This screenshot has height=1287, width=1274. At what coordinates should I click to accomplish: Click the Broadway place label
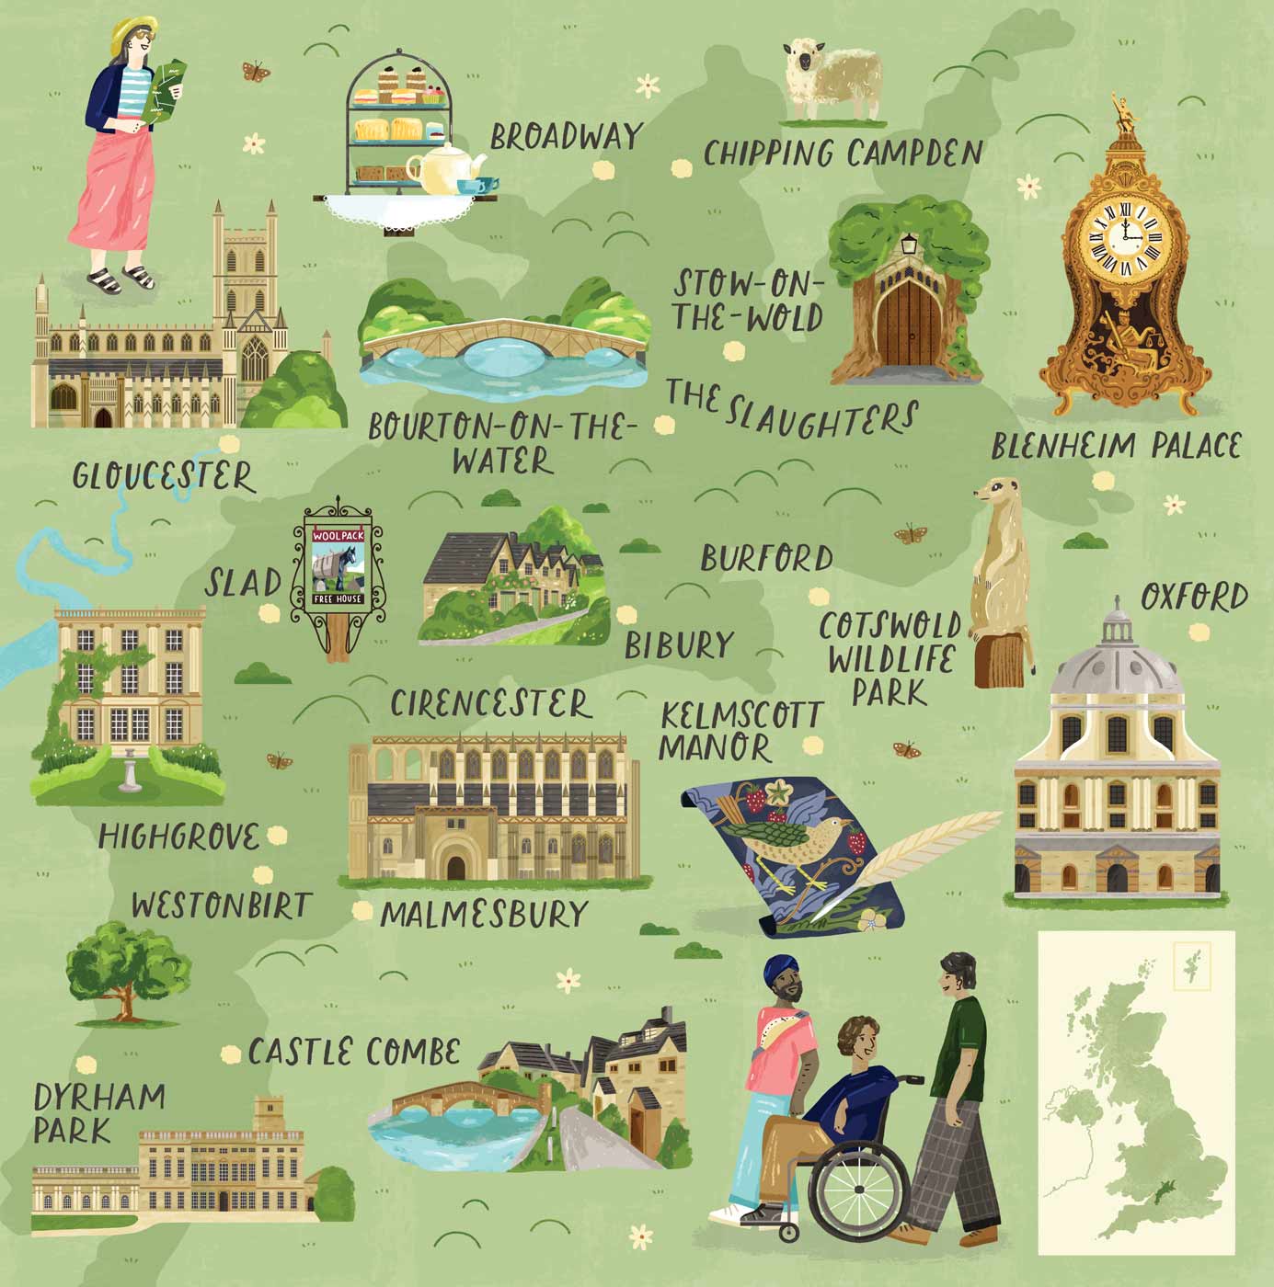[565, 137]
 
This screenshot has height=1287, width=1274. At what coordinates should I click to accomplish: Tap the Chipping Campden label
[843, 153]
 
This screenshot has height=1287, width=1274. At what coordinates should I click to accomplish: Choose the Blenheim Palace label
[1116, 447]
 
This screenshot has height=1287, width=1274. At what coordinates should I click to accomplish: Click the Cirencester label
[490, 704]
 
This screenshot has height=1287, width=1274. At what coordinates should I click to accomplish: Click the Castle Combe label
[354, 1052]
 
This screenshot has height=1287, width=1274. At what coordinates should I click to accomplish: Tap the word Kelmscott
[740, 715]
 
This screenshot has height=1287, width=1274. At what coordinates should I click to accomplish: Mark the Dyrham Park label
[98, 1112]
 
